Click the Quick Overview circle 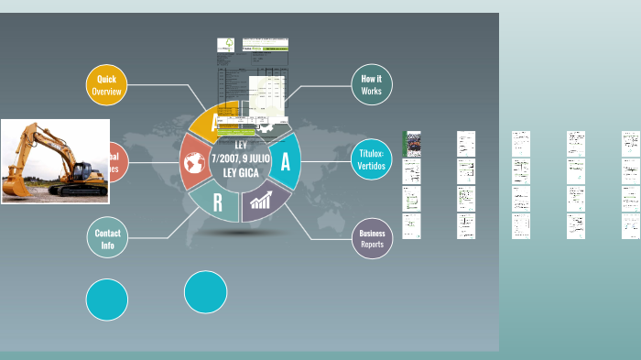click(106, 85)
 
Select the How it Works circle click(371, 85)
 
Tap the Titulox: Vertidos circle click(372, 160)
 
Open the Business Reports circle click(372, 238)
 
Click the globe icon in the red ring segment click(193, 163)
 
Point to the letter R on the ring click(217, 202)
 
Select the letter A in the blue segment click(286, 162)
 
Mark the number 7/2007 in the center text click(225, 158)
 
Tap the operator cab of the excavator click(77, 168)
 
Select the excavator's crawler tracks click(77, 191)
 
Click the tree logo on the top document click(225, 44)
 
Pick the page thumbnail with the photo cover click(412, 144)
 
